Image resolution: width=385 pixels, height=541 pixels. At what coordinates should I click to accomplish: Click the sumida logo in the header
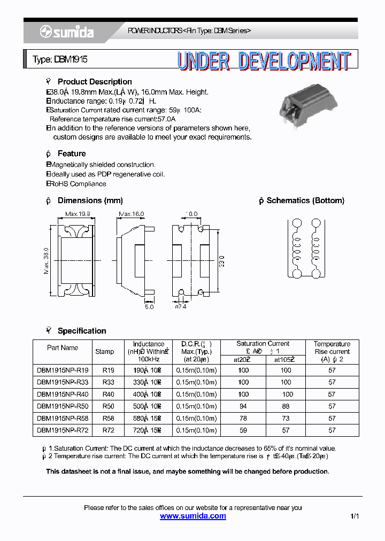[x=67, y=33]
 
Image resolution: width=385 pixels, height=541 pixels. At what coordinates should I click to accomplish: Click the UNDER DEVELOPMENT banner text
[x=264, y=61]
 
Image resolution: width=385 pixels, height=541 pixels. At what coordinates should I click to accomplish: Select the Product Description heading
[x=94, y=82]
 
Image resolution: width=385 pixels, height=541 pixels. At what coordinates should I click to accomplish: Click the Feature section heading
[x=71, y=153]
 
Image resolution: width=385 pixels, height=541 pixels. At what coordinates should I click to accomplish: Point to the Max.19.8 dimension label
[x=78, y=214]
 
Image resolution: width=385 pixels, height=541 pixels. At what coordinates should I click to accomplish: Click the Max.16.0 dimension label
[x=132, y=214]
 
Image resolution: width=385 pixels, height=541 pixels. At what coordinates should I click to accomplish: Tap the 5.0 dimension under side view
[x=149, y=307]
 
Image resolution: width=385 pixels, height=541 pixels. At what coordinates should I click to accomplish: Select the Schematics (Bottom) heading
[x=305, y=200]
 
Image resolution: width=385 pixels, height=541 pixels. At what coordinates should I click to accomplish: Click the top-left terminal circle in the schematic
[x=296, y=223]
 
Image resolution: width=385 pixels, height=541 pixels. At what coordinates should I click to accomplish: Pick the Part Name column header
[x=63, y=348]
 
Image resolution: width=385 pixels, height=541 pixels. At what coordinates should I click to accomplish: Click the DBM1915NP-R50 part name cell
[x=63, y=406]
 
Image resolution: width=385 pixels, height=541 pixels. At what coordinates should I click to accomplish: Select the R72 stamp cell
[x=109, y=430]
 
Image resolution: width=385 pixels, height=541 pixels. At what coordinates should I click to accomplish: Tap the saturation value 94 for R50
[x=243, y=406]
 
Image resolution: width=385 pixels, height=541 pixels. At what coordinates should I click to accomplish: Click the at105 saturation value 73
[x=286, y=418]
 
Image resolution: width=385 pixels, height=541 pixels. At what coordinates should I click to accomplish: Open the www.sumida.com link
[x=193, y=516]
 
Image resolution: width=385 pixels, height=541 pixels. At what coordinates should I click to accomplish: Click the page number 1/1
[x=355, y=516]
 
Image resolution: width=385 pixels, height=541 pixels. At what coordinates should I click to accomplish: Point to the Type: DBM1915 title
[x=60, y=60]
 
